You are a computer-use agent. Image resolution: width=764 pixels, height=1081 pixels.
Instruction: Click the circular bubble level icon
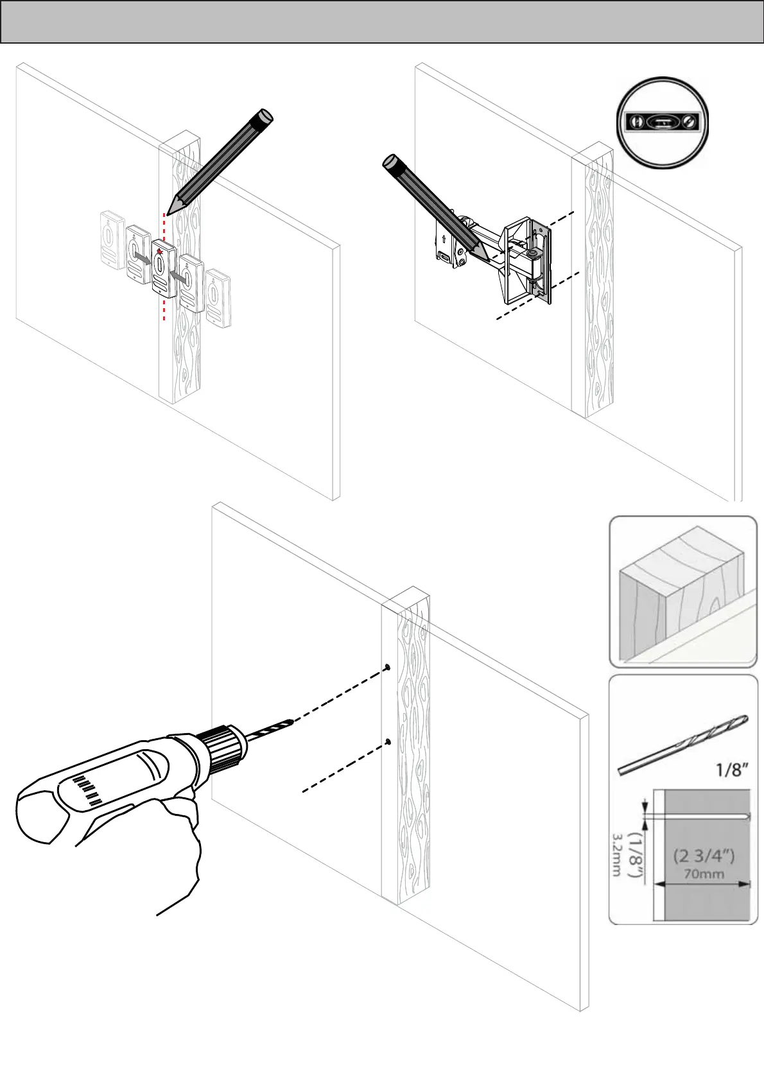663,123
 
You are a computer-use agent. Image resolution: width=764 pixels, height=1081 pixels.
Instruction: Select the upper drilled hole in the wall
388,668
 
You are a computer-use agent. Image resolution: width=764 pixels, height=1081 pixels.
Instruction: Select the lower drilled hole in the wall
388,743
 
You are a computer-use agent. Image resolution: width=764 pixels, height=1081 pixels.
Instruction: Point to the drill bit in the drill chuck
270,730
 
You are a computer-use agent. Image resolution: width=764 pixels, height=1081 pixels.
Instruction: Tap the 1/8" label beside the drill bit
732,769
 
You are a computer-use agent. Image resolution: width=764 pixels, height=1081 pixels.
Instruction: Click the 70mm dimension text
704,874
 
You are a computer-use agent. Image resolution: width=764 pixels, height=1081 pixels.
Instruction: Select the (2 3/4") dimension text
704,856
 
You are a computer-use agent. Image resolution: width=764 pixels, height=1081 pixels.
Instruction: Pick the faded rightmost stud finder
219,298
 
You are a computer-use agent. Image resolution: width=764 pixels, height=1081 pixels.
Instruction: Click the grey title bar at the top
382,22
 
